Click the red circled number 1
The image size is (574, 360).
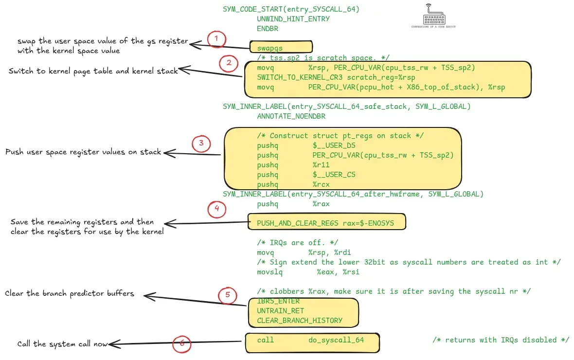[217, 39]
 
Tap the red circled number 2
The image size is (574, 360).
[228, 63]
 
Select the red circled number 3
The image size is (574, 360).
[201, 144]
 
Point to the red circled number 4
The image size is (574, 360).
[217, 210]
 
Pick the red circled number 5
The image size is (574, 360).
[228, 295]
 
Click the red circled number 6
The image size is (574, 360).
[182, 343]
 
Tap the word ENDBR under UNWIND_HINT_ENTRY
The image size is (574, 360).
[268, 29]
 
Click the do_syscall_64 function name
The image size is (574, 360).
[336, 340]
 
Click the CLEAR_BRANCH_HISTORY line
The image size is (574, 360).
[300, 321]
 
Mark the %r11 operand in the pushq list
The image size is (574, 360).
[321, 165]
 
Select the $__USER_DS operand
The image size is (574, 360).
[334, 145]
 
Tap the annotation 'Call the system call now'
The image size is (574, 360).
[62, 344]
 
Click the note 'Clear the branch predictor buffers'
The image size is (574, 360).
[69, 294]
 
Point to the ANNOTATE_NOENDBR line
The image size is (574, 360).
[291, 116]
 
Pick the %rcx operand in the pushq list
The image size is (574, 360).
[321, 184]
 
